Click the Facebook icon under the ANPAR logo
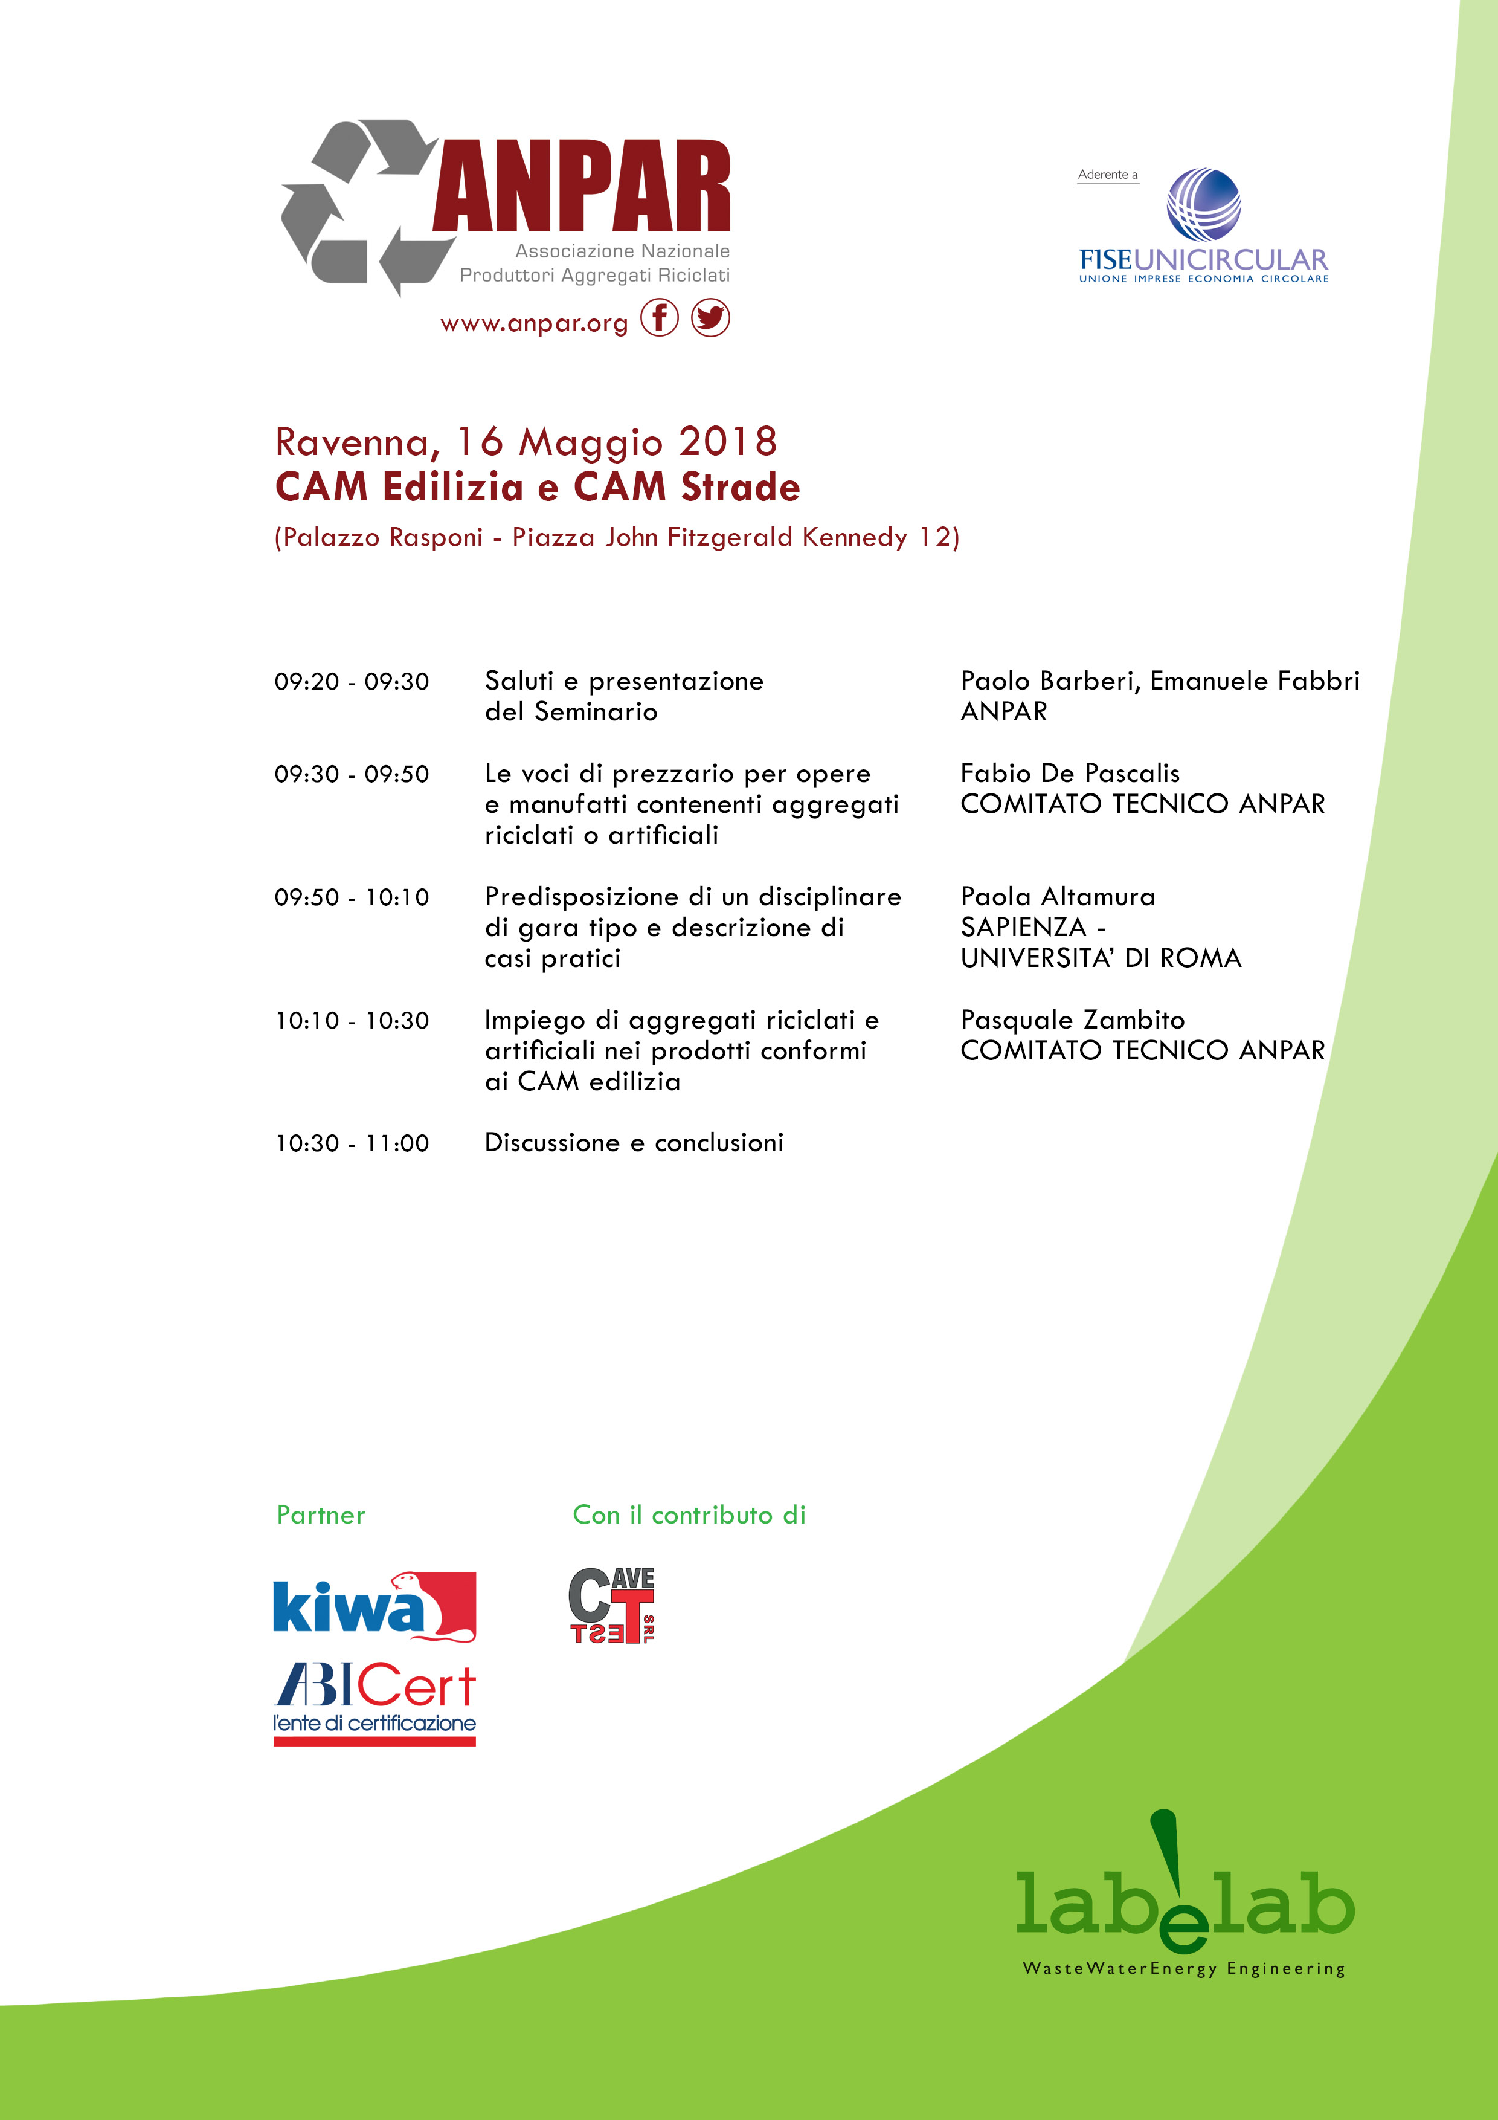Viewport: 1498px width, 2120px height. tap(659, 318)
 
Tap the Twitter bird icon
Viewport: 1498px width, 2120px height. tap(710, 318)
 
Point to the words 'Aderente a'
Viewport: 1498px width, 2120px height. tap(1108, 175)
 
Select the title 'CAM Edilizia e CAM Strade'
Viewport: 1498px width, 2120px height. tap(537, 486)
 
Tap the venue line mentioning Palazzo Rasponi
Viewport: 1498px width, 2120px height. tap(617, 537)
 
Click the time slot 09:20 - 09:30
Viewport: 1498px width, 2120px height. tap(352, 682)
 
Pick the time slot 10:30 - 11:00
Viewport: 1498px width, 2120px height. tap(352, 1143)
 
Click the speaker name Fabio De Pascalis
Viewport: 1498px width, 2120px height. tap(1070, 773)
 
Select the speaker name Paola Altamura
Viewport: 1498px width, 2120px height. tap(1058, 897)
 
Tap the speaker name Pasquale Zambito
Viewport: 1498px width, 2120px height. tap(1073, 1020)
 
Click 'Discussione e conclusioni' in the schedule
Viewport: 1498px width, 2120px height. tap(634, 1143)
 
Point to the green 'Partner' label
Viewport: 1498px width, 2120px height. tap(320, 1514)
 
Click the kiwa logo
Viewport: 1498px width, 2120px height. tap(374, 1608)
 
